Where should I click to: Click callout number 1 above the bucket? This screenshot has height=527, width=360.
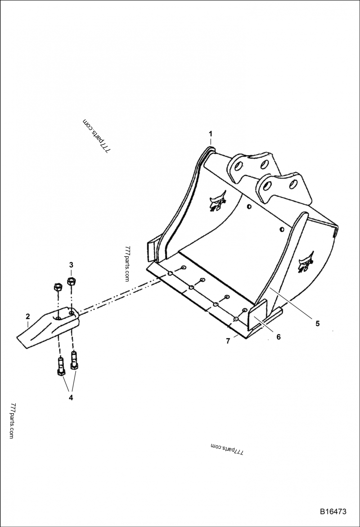[x=210, y=133]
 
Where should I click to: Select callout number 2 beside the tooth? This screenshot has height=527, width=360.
[x=27, y=316]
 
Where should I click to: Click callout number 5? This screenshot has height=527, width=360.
[x=317, y=323]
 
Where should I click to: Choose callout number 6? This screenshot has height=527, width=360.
[x=278, y=337]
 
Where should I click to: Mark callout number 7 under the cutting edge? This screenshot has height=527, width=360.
[x=228, y=341]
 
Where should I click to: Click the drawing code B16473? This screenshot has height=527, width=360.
[x=333, y=512]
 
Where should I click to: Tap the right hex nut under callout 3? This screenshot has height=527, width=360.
[x=71, y=282]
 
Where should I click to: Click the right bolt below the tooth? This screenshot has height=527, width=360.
[x=73, y=360]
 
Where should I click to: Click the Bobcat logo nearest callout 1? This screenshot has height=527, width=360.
[x=218, y=201]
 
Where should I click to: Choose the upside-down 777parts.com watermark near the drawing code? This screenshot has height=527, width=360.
[x=226, y=448]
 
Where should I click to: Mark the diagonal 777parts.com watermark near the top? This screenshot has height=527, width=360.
[x=96, y=136]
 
